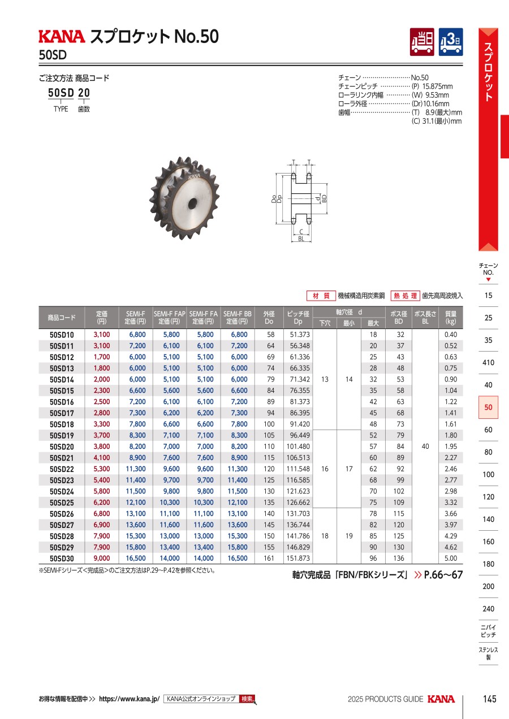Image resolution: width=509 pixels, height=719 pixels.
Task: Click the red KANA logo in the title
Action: [x=62, y=36]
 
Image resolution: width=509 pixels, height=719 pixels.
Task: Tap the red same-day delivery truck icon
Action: [x=422, y=42]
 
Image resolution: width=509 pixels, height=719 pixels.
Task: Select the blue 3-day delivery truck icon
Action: [x=451, y=42]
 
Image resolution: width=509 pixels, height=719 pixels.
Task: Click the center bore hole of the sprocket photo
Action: [x=193, y=202]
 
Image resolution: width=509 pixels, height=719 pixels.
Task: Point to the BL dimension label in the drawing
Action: [x=301, y=239]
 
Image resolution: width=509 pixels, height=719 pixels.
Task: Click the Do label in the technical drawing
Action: [x=274, y=199]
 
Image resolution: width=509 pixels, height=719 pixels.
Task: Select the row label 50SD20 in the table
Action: [x=62, y=447]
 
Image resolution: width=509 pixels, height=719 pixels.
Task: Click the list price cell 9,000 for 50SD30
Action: [x=101, y=558]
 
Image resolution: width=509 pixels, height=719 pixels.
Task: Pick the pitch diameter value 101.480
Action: [x=298, y=447]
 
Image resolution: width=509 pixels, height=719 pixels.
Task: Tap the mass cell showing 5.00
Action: [x=451, y=558]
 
